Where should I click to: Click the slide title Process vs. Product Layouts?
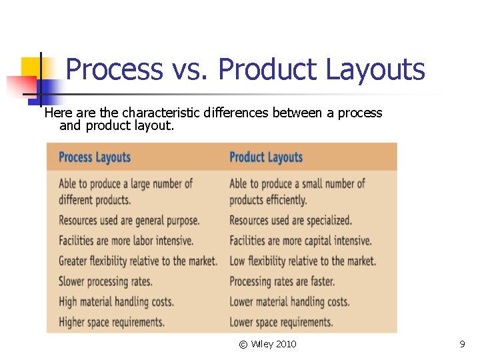pyautogui.click(x=245, y=69)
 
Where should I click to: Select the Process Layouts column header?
pyautogui.click(x=95, y=158)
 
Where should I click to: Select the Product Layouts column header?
pyautogui.click(x=266, y=158)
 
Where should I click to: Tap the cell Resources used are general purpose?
pyautogui.click(x=129, y=221)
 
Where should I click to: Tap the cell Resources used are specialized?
pyautogui.click(x=291, y=221)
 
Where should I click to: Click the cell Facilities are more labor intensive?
pyautogui.click(x=126, y=241)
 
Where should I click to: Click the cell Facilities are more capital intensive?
pyautogui.click(x=301, y=241)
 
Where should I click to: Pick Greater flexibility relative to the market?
pyautogui.click(x=138, y=261)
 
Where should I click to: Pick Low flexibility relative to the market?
pyautogui.click(x=303, y=261)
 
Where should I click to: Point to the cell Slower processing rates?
pyautogui.click(x=105, y=281)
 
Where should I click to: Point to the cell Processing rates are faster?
pyautogui.click(x=282, y=281)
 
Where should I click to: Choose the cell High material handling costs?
pyautogui.click(x=116, y=302)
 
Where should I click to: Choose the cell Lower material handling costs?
pyautogui.click(x=289, y=302)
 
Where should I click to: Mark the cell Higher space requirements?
pyautogui.click(x=111, y=322)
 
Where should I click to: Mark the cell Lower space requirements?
pyautogui.click(x=281, y=322)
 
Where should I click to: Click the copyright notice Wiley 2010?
pyautogui.click(x=268, y=344)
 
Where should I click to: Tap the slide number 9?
pyautogui.click(x=462, y=344)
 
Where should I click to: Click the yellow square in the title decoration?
pyautogui.click(x=31, y=67)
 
